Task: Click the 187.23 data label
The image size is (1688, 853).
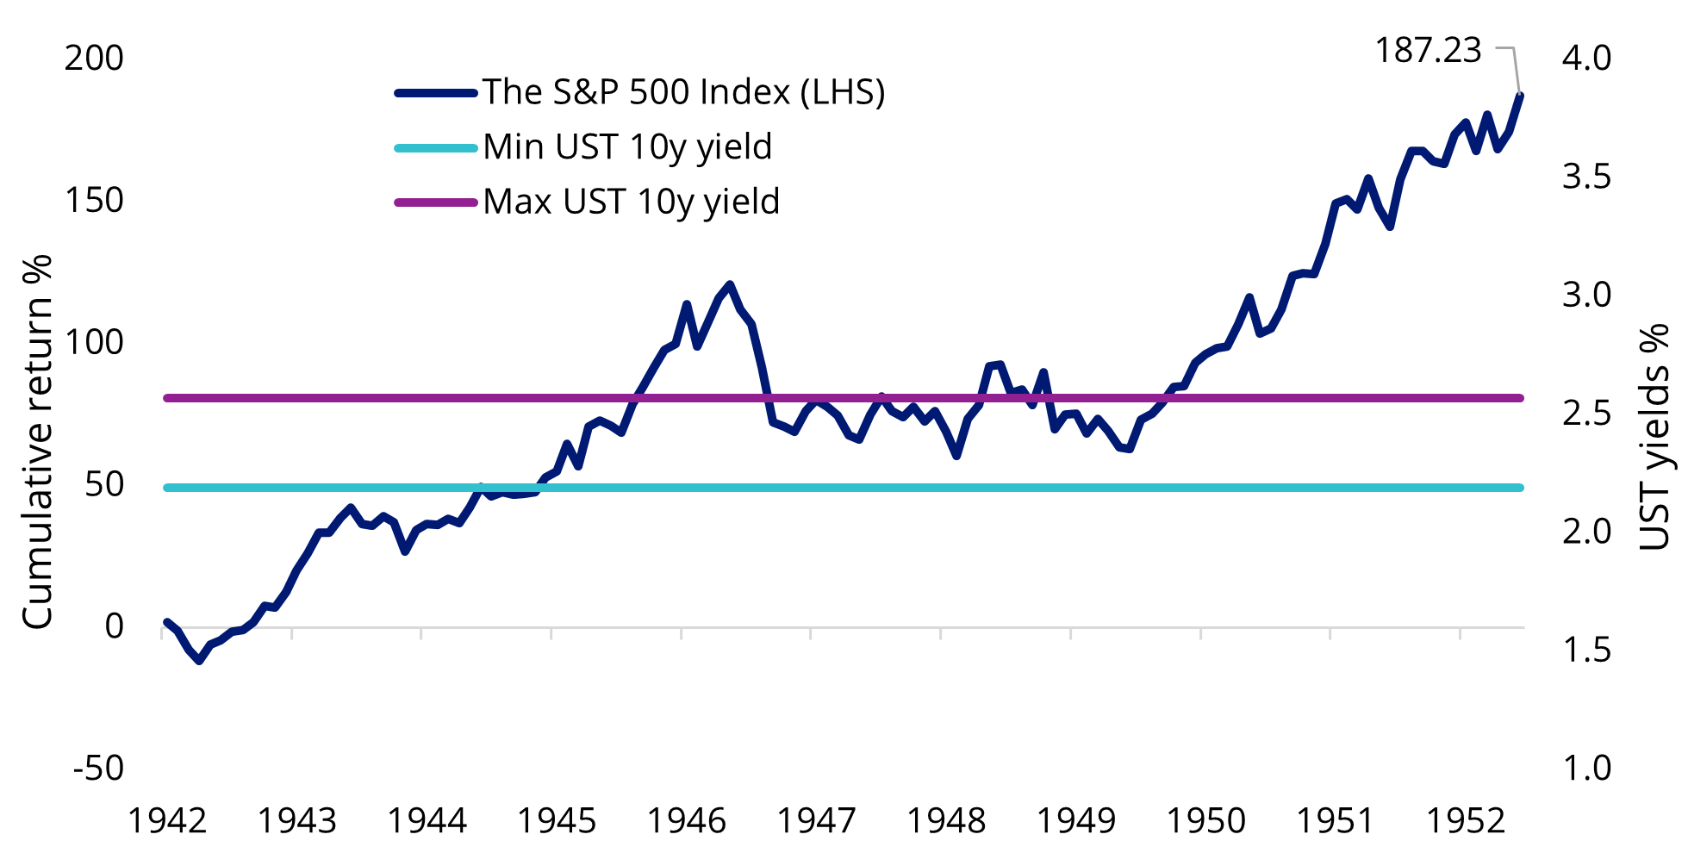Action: [1428, 51]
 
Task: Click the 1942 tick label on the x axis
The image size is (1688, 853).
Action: [167, 821]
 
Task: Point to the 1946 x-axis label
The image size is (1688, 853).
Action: [687, 821]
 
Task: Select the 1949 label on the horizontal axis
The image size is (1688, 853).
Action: [1076, 821]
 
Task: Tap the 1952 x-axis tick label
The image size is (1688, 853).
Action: [1466, 821]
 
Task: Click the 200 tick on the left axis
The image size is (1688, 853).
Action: [94, 58]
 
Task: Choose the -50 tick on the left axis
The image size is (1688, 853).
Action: [98, 768]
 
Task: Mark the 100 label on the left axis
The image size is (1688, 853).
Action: [94, 342]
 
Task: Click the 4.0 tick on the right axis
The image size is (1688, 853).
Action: [1586, 58]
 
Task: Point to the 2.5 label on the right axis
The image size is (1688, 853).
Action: [1586, 413]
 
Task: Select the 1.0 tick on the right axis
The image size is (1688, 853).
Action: [1586, 768]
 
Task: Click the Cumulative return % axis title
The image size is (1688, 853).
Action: [37, 441]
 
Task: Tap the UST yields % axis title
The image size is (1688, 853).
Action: [1654, 437]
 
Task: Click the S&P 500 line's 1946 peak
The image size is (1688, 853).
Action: [730, 283]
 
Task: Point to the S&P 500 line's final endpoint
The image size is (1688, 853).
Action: [1521, 95]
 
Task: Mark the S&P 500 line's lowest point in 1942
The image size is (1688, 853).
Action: [199, 661]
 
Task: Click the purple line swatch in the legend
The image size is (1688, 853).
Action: [436, 202]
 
